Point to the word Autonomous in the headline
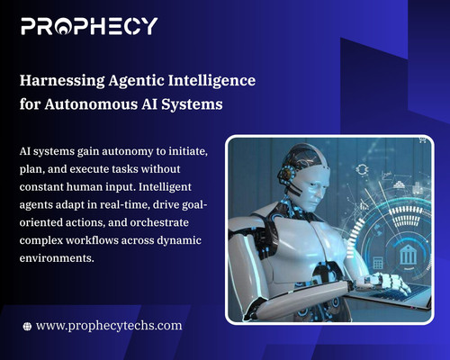[x=92, y=103]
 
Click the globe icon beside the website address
[x=28, y=324]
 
